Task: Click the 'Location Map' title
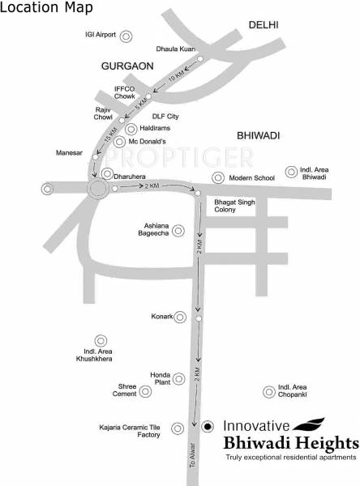[x=46, y=8]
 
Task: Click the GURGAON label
[x=127, y=64]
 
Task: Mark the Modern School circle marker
[x=217, y=177]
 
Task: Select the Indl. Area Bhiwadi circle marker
[x=292, y=172]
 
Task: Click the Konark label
[x=162, y=316]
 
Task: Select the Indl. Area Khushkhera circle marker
[x=101, y=341]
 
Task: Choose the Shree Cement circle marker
[x=145, y=392]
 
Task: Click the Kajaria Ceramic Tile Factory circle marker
[x=177, y=434]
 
